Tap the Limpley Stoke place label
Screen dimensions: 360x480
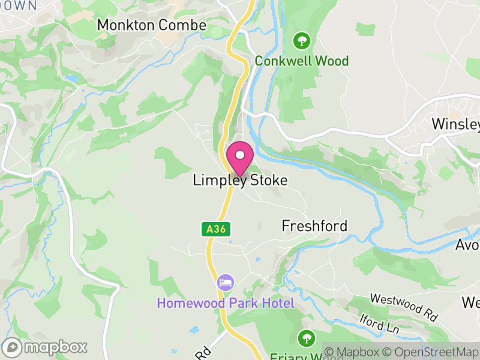click(240, 180)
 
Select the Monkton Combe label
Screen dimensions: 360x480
click(151, 25)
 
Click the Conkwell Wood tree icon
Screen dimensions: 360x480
click(301, 41)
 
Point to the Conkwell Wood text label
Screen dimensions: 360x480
click(301, 61)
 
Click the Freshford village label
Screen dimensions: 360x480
click(314, 226)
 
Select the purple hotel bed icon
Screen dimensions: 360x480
click(226, 282)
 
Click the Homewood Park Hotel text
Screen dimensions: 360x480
click(226, 303)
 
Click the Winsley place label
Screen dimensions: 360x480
click(456, 124)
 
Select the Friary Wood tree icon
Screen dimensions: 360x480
click(307, 337)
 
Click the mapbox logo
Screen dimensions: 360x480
click(45, 347)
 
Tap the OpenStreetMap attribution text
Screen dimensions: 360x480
click(434, 352)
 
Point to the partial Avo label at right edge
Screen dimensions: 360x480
click(467, 245)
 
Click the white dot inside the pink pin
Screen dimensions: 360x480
click(240, 155)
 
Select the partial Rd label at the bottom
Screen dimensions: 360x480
click(202, 352)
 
